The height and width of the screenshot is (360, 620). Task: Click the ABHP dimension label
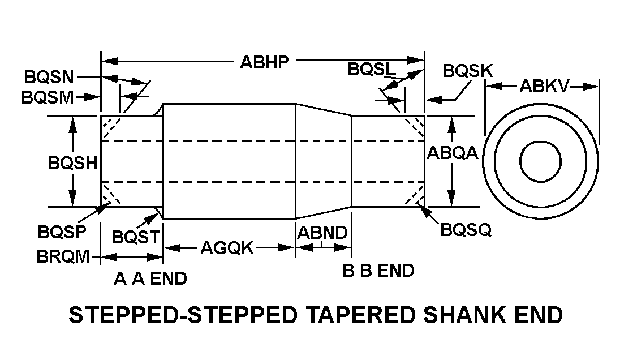pyautogui.click(x=264, y=62)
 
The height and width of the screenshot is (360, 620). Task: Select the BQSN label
pyautogui.click(x=50, y=77)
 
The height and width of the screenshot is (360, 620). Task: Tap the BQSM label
pyautogui.click(x=48, y=97)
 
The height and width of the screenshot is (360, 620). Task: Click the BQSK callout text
pyautogui.click(x=467, y=71)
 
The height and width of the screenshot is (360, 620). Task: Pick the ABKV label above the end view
pyautogui.click(x=544, y=87)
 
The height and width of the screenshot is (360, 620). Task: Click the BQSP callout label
pyautogui.click(x=62, y=232)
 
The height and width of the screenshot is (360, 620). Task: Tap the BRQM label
pyautogui.click(x=63, y=257)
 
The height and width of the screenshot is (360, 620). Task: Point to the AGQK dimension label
pyautogui.click(x=227, y=248)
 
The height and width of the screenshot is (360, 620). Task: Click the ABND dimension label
pyautogui.click(x=322, y=233)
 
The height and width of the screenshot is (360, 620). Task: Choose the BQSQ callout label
pyautogui.click(x=466, y=230)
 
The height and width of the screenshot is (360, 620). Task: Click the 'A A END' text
pyautogui.click(x=150, y=278)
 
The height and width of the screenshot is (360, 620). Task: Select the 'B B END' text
pyautogui.click(x=378, y=271)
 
